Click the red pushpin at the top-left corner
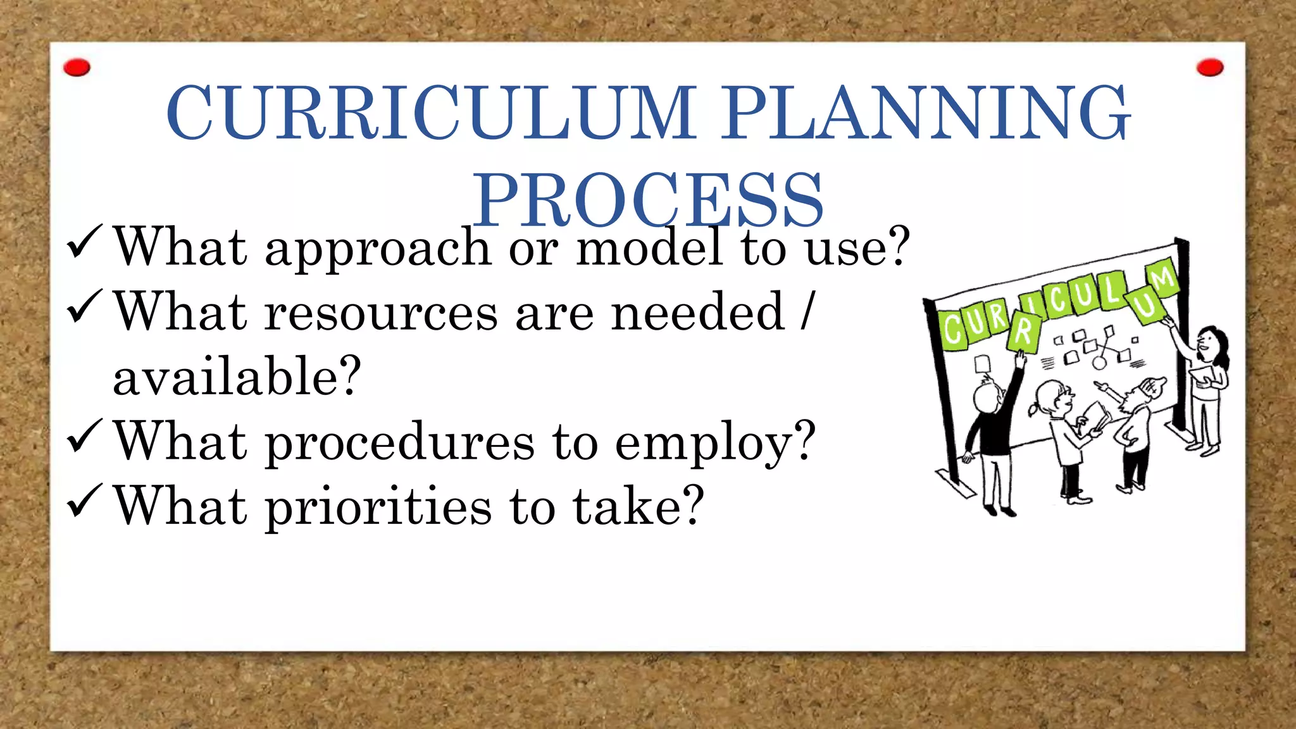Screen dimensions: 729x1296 coord(77,67)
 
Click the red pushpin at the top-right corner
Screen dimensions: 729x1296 coord(1210,67)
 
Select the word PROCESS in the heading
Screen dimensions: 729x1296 coord(648,199)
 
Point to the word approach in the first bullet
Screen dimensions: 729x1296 coord(378,248)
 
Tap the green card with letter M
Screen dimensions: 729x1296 coord(1162,278)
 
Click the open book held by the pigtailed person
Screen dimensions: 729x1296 coord(1095,418)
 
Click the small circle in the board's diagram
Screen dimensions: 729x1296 coord(1100,363)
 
